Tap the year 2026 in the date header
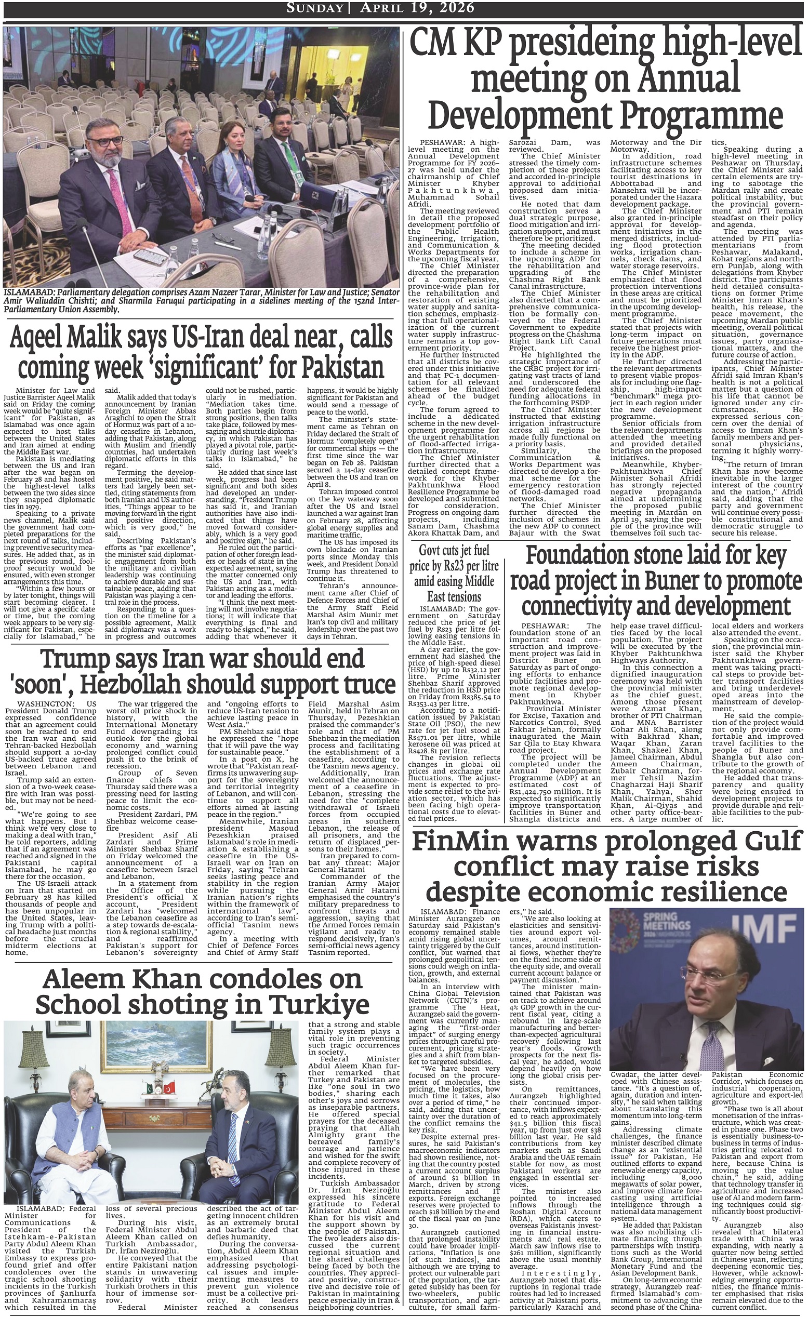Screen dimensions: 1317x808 point(454,7)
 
